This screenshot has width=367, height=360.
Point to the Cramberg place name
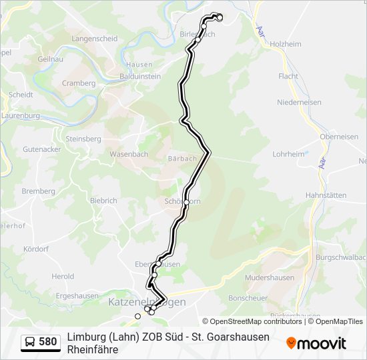(79, 83)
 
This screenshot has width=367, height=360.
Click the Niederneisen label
(299, 103)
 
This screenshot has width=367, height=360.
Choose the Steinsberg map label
(83, 139)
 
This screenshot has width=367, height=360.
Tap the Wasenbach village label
(129, 154)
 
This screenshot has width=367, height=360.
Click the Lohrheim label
(288, 154)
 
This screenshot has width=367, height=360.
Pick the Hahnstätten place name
(326, 195)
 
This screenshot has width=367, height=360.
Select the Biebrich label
(103, 200)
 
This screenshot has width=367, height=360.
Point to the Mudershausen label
(270, 277)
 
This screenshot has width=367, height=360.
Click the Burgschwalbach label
(341, 257)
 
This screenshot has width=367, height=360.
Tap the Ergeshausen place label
(77, 296)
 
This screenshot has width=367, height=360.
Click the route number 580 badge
(48, 343)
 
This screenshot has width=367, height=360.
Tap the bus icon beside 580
(31, 343)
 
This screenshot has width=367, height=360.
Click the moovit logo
(316, 343)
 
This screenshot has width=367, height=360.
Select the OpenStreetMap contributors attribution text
(252, 321)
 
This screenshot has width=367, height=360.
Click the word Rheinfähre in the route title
(93, 349)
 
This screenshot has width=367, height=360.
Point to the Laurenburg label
(20, 115)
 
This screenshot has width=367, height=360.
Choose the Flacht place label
(288, 77)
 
